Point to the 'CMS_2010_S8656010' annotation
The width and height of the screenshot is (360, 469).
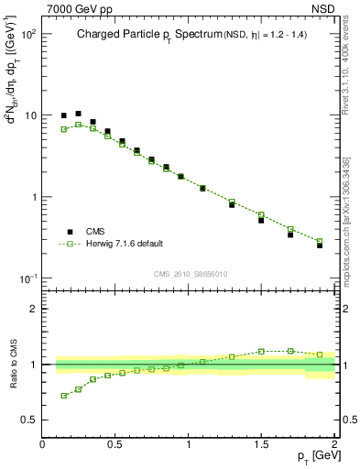(x=190, y=274)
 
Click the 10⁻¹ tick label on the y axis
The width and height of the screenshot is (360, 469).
(x=27, y=278)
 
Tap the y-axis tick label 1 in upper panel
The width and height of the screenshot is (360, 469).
(x=33, y=197)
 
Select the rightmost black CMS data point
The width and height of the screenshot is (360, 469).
(x=320, y=245)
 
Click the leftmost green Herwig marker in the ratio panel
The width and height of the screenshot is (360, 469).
(x=64, y=396)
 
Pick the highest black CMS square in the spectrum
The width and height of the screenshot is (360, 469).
(x=79, y=114)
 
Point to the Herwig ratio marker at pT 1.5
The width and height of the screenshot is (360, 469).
(x=261, y=351)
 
